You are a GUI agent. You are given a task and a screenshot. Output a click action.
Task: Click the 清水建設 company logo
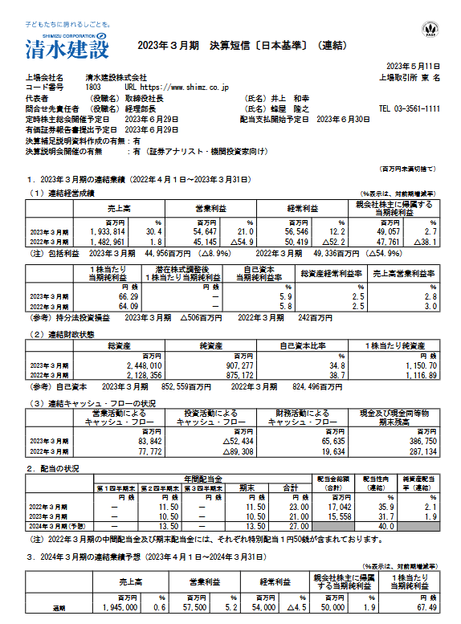click(60, 46)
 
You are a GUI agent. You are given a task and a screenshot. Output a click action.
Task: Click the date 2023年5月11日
click(414, 65)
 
